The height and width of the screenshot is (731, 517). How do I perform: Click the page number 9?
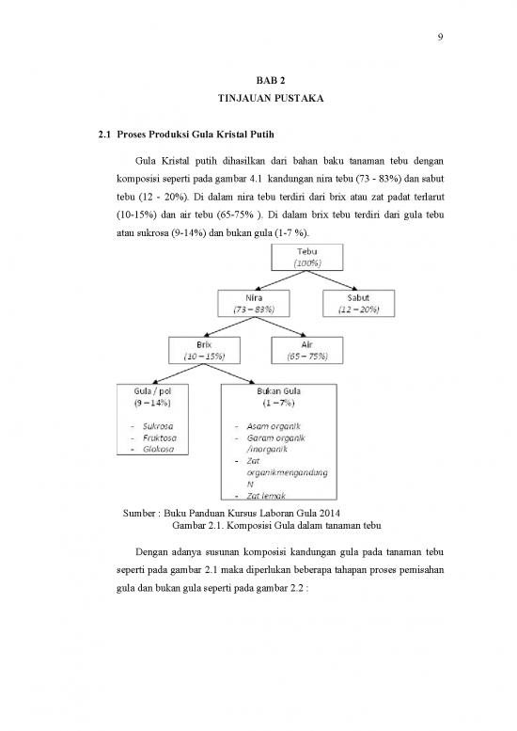(x=440, y=38)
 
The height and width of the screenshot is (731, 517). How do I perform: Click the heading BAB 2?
(x=271, y=81)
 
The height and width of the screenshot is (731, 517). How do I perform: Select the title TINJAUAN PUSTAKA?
(x=271, y=99)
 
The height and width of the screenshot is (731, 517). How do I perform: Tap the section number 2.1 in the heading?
(x=104, y=135)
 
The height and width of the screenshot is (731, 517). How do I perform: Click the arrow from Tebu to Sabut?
(x=333, y=280)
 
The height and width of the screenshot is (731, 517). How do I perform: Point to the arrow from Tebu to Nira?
(x=280, y=280)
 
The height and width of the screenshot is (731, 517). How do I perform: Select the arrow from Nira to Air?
(x=280, y=326)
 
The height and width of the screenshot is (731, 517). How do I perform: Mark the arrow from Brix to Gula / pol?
(x=179, y=373)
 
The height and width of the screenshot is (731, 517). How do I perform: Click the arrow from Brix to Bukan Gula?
(x=229, y=373)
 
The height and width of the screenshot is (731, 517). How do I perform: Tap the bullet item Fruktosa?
(x=159, y=438)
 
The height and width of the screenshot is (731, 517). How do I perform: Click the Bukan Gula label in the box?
(x=278, y=391)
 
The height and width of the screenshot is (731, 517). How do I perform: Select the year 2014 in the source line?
(x=330, y=514)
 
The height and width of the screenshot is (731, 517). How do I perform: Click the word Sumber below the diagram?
(x=139, y=514)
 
